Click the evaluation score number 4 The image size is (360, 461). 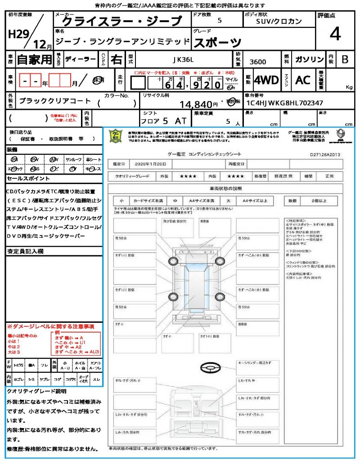335,34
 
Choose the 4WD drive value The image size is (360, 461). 266,80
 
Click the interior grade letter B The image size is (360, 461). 344,59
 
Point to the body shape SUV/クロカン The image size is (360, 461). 279,21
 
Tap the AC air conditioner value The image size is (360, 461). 303,80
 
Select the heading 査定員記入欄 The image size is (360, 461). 25,251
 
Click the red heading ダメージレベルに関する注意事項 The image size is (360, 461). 50,326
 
